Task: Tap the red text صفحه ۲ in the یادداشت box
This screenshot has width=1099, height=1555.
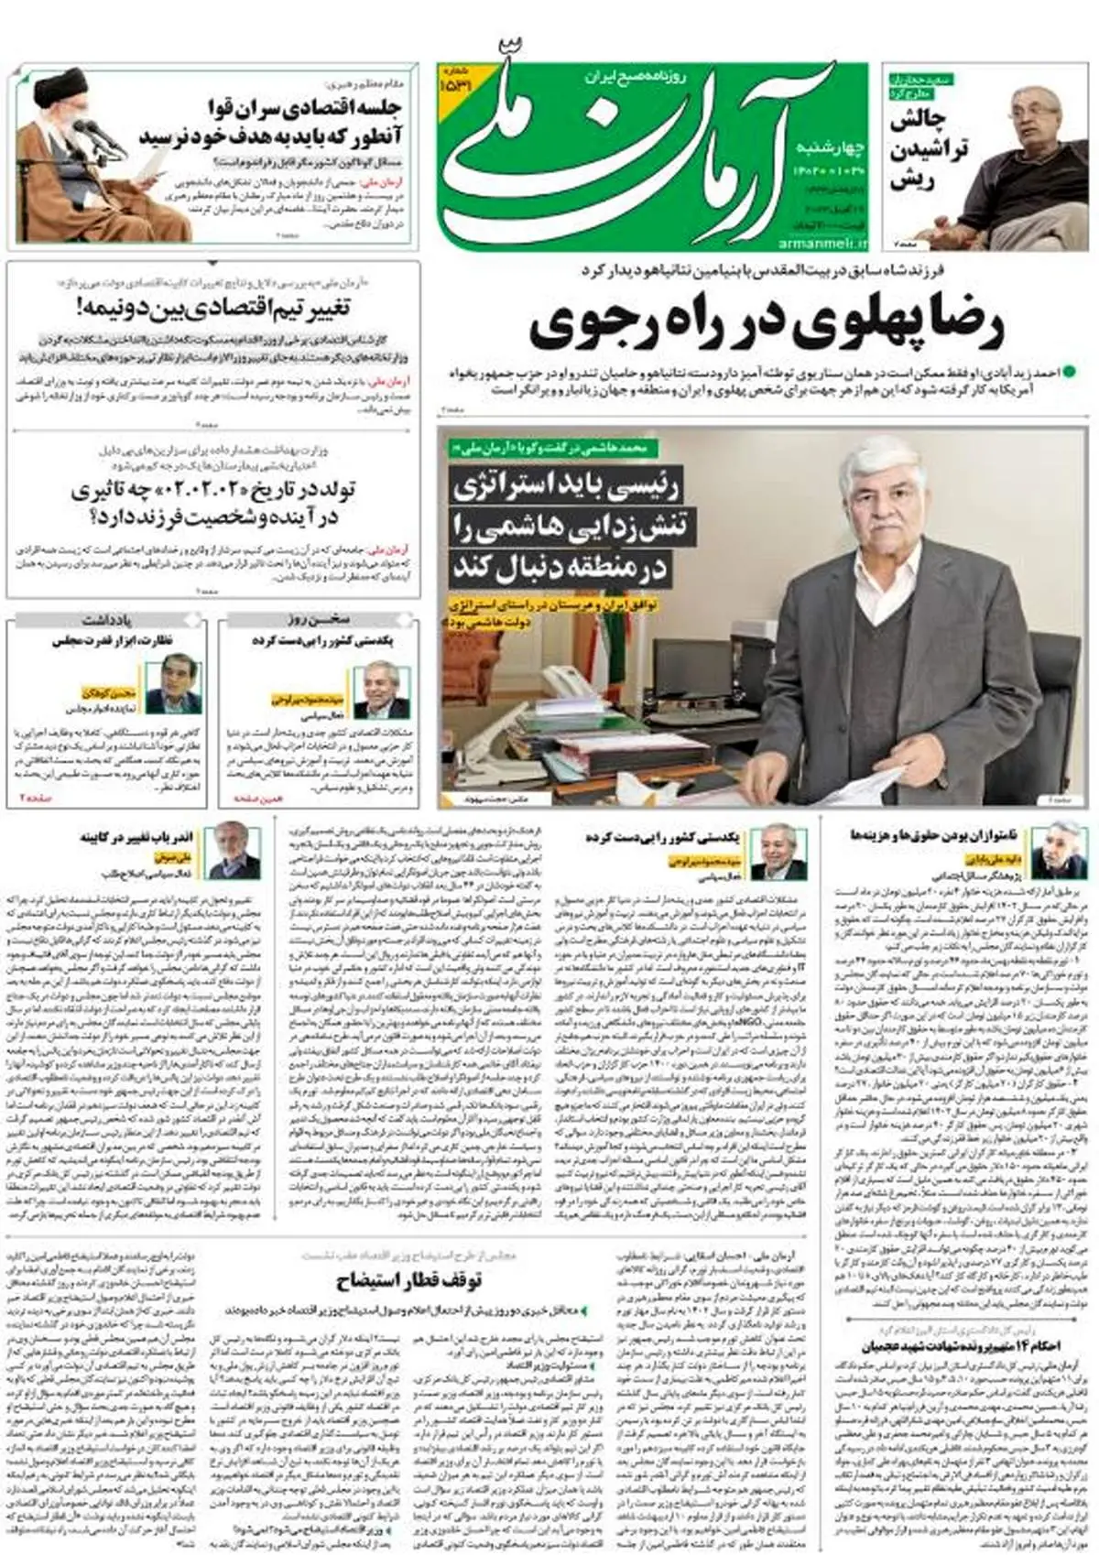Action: click(x=39, y=798)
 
